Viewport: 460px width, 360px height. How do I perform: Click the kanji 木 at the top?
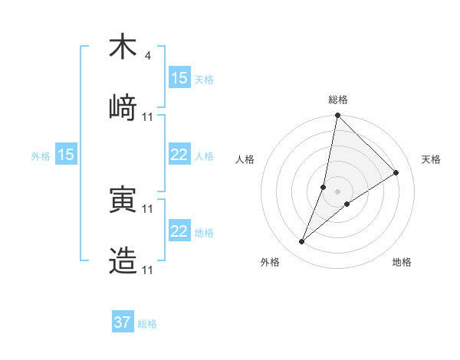[123, 47]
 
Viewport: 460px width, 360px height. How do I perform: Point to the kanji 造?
[123, 261]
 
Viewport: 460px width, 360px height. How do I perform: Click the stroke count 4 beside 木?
[147, 56]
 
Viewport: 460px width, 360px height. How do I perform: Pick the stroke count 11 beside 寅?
[148, 208]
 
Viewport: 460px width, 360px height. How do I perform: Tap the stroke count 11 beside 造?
[148, 270]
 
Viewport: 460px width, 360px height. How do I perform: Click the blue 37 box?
[122, 322]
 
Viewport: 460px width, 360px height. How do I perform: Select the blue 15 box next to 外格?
[66, 155]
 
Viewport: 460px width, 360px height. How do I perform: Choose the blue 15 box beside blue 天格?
[179, 77]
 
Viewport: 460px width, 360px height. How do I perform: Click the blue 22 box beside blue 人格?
[179, 155]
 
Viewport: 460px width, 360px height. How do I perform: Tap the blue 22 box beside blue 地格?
[179, 231]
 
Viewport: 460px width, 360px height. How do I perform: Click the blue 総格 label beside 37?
[147, 324]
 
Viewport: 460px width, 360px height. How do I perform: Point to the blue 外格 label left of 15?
[41, 155]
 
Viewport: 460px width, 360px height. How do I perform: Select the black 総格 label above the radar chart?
[337, 100]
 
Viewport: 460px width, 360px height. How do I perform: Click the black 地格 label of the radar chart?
[402, 262]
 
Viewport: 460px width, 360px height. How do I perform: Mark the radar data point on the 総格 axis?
[337, 116]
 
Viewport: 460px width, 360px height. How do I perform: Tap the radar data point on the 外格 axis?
[302, 242]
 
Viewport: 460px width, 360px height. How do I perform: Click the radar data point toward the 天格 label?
[396, 172]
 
